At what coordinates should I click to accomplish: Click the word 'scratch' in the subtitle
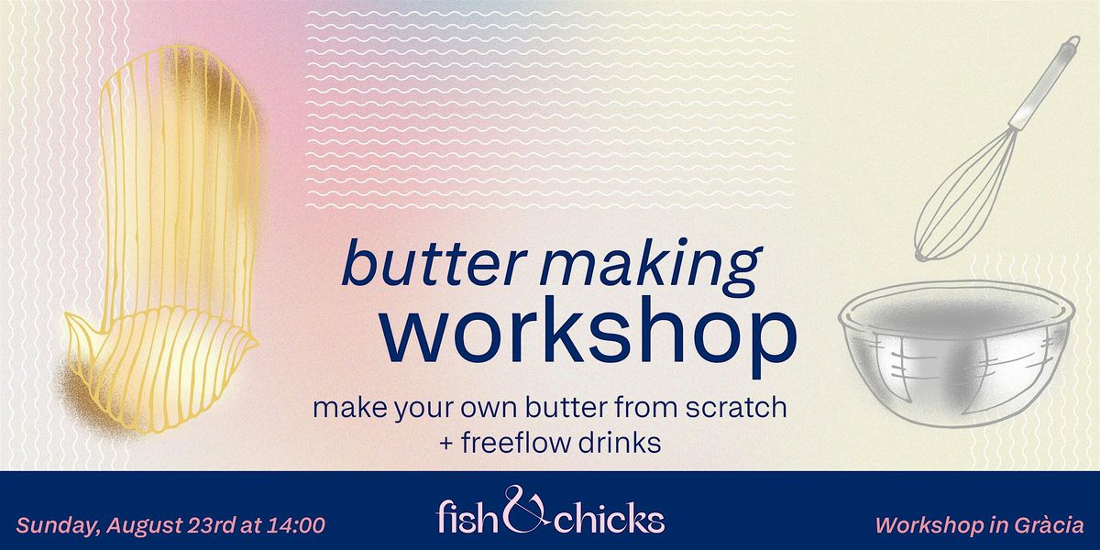[736, 407]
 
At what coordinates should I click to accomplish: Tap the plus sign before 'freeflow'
[446, 444]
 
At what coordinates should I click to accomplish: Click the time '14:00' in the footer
[295, 525]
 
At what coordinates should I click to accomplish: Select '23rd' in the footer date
[211, 525]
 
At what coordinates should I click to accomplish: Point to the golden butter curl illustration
[162, 240]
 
